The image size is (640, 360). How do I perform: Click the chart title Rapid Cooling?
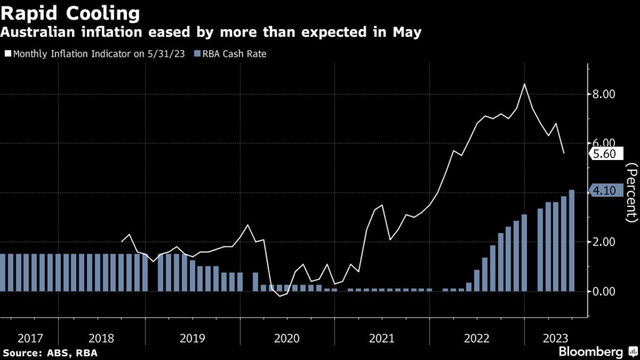[x=69, y=12]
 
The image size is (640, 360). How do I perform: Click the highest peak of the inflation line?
[x=524, y=84]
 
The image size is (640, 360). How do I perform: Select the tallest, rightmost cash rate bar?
[x=572, y=241]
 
